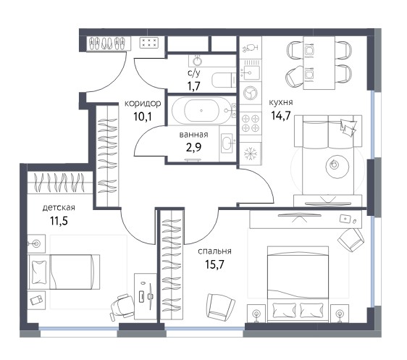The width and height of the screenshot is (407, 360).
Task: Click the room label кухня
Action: [281, 103]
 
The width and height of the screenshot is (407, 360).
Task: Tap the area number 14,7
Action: [281, 115]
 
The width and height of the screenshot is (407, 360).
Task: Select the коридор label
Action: [143, 104]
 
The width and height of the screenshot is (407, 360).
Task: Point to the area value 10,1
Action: [143, 117]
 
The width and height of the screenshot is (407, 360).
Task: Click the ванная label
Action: [193, 135]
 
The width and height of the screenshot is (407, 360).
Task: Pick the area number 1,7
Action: [194, 86]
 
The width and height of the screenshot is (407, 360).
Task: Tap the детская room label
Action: [59, 208]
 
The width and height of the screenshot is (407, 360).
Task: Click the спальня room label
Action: [214, 251]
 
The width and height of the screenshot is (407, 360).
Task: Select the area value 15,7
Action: [214, 264]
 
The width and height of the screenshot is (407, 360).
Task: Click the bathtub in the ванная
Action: [201, 111]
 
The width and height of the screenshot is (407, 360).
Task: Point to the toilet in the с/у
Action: [224, 80]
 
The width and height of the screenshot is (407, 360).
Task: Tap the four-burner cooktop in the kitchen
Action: [251, 123]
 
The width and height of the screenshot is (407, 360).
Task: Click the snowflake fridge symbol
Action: [251, 154]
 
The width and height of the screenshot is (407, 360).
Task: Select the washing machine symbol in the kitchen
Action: [251, 93]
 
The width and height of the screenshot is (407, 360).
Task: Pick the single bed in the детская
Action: [64, 272]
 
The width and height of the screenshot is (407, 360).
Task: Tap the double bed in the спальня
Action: [298, 284]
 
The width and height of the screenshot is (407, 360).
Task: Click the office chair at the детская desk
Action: [122, 307]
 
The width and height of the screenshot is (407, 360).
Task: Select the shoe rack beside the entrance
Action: [109, 43]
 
